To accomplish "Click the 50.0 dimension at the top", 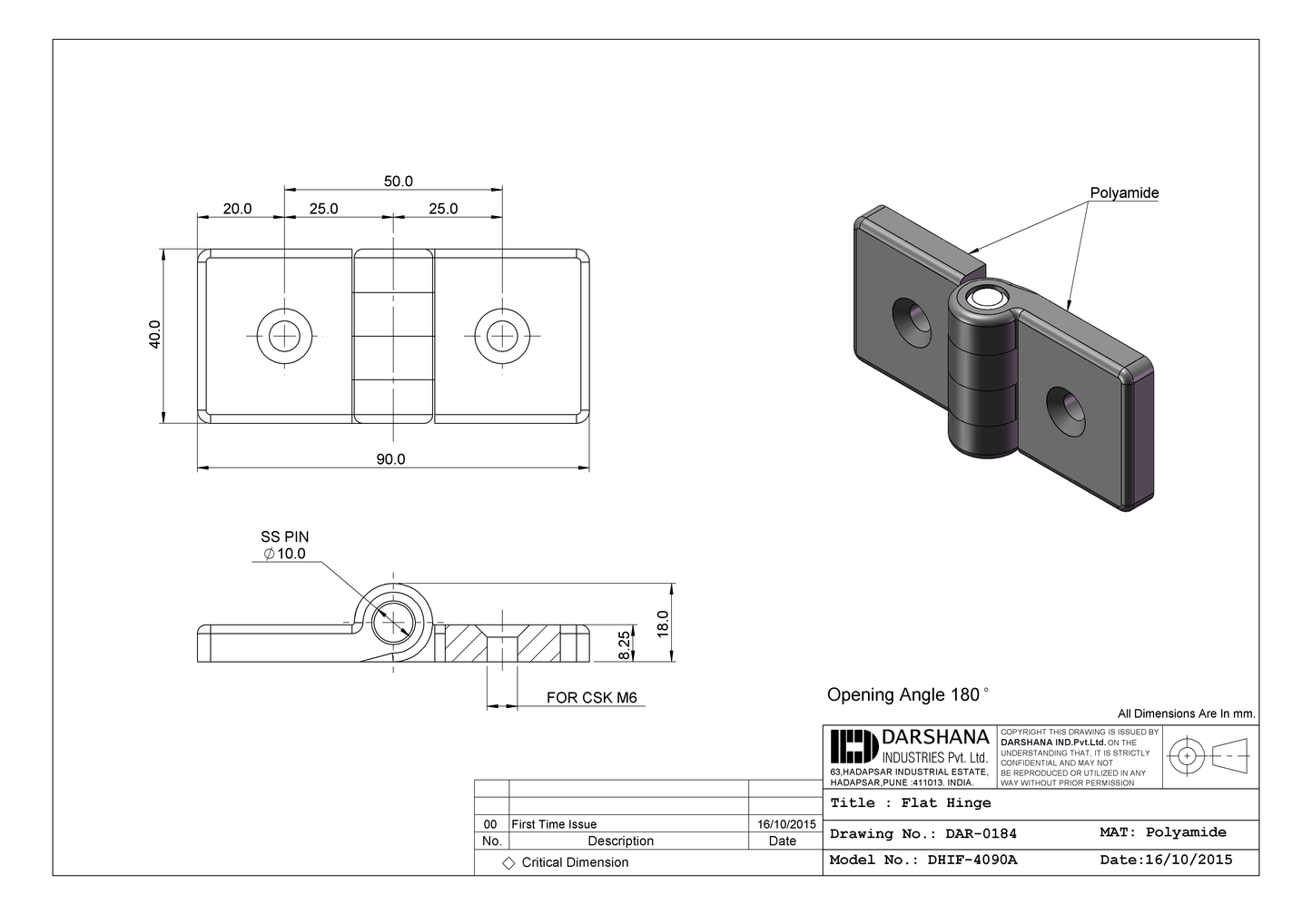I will [398, 182].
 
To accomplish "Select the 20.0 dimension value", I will [237, 209].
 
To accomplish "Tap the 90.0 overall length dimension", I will [390, 459].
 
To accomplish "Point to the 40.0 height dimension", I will [155, 334].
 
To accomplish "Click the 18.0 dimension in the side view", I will [663, 623].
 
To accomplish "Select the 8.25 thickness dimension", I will [625, 644].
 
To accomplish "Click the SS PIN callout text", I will [284, 537].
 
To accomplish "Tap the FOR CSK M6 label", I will [591, 698].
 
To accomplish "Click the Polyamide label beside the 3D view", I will [1124, 193].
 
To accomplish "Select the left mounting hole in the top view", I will [284, 335].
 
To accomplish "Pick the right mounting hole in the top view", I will [501, 335].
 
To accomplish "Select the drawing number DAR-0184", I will [981, 833].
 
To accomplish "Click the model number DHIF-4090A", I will [972, 860].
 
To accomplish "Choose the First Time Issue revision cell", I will [554, 824].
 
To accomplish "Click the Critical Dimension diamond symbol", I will [508, 863].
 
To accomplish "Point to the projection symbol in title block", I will [1208, 755].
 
